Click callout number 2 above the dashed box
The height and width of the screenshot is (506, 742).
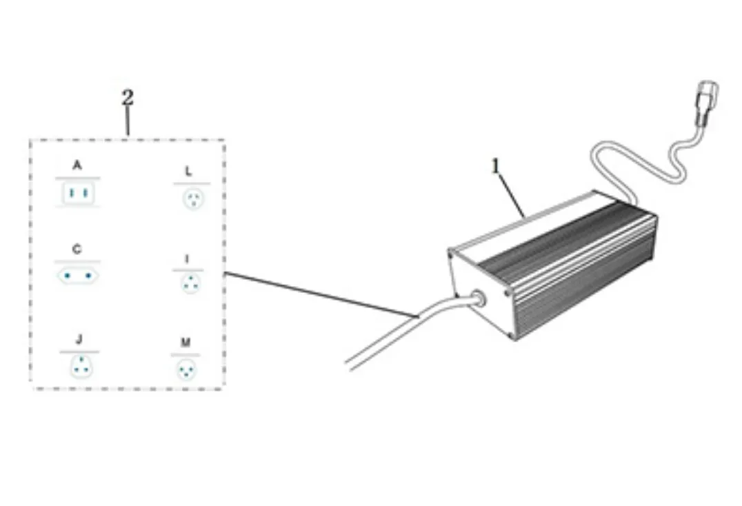tap(128, 98)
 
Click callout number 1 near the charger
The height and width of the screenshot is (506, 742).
tap(495, 166)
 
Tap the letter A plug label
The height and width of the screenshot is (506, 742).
tap(77, 165)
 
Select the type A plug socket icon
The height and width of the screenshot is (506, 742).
tap(78, 194)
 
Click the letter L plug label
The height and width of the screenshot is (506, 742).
tap(188, 170)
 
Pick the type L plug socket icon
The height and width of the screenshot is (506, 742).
tap(192, 199)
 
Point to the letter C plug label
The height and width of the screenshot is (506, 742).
tap(77, 250)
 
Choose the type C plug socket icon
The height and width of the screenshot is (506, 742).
tap(78, 275)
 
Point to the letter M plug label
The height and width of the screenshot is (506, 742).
tap(186, 342)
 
